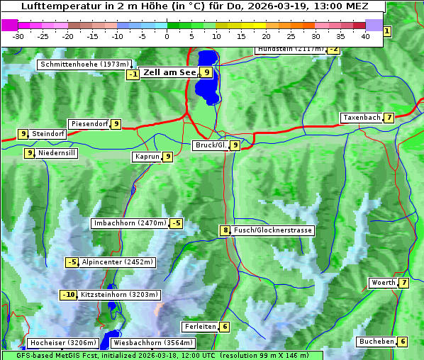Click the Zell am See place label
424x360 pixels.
169,72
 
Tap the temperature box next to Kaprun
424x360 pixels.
168,157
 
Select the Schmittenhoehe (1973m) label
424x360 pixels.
85,64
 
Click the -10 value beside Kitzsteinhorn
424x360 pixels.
68,295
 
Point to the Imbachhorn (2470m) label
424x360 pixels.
130,223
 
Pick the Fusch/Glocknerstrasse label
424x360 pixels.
273,230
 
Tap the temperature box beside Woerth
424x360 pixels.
403,283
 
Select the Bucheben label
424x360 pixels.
376,342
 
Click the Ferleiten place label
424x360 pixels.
199,327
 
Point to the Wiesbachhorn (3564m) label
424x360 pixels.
148,343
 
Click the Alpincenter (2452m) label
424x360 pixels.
118,262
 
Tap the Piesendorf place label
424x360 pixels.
89,124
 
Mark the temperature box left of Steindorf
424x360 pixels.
23,134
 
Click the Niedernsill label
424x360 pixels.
57,152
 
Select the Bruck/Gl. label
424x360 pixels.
211,145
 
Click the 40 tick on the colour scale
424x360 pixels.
365,36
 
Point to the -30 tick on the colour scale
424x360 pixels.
18,36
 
